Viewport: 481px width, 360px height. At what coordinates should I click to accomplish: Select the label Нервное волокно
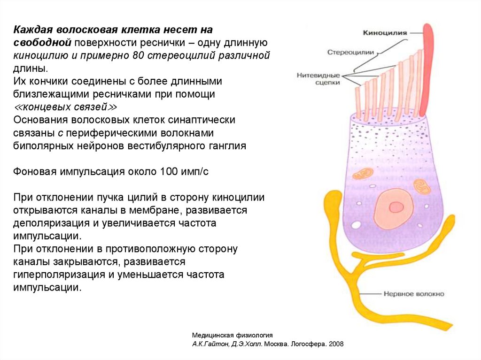(x=414, y=294)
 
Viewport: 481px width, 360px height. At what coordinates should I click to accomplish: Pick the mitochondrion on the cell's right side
(x=421, y=185)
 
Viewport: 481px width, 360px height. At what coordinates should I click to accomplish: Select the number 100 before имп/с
(x=168, y=171)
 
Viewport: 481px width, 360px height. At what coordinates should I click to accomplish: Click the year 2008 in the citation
(x=335, y=344)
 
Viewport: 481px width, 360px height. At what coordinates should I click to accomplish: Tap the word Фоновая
(x=35, y=171)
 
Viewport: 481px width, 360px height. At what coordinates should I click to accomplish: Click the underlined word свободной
(x=43, y=43)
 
